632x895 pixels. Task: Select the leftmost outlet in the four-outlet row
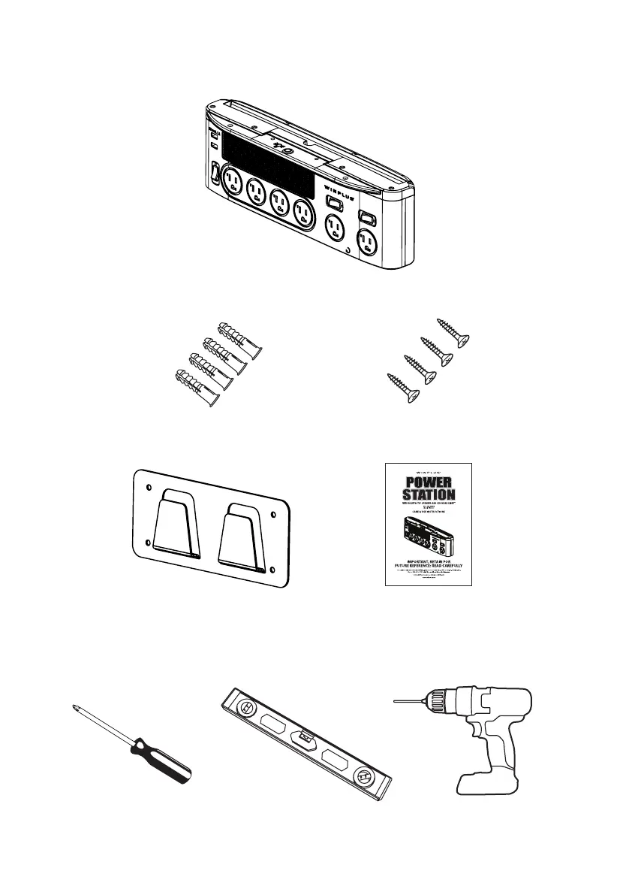point(233,182)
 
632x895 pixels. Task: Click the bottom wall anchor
point(197,389)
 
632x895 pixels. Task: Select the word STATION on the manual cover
point(426,494)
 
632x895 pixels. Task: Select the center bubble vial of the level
point(305,738)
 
